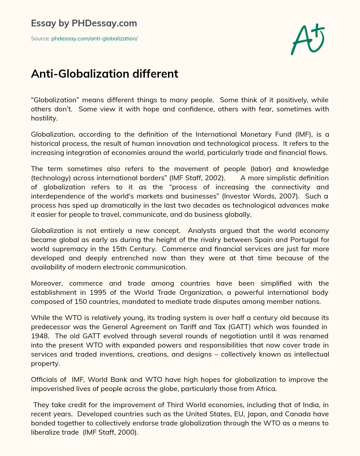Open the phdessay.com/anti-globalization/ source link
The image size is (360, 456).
(94, 39)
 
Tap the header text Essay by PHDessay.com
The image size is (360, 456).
(84, 23)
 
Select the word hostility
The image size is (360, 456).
(44, 118)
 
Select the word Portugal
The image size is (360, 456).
(305, 240)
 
